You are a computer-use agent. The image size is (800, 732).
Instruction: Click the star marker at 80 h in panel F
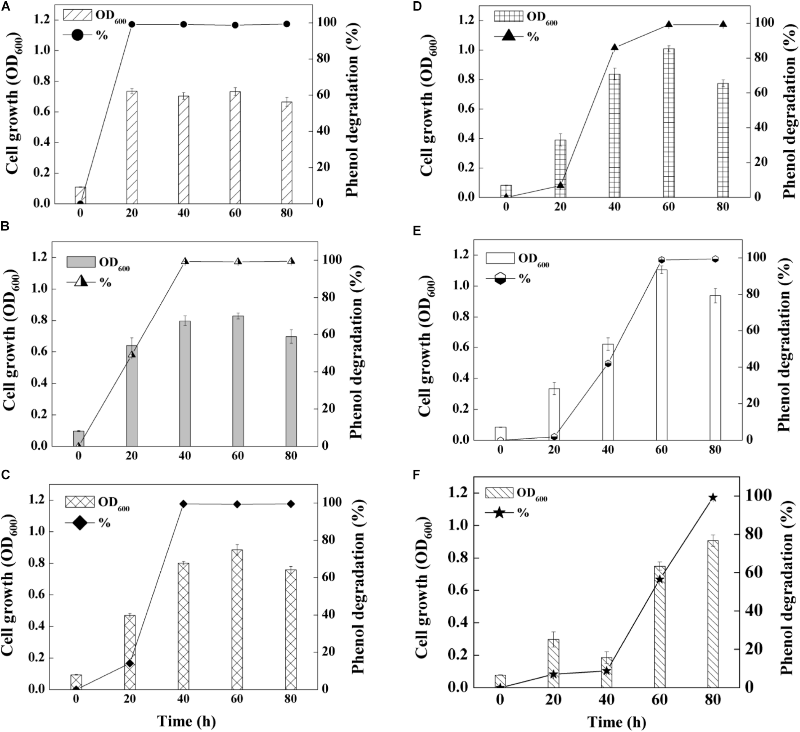point(713,497)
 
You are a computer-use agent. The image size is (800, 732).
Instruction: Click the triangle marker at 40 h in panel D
point(615,47)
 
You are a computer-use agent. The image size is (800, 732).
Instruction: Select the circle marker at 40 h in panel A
point(183,25)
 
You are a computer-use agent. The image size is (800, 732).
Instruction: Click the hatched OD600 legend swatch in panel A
point(77,15)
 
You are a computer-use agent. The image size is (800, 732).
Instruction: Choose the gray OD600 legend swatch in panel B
point(81,262)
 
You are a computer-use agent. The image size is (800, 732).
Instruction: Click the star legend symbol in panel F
point(500,513)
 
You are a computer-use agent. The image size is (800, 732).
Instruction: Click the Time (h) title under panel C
point(186,720)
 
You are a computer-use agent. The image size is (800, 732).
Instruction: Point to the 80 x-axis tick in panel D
point(723,207)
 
